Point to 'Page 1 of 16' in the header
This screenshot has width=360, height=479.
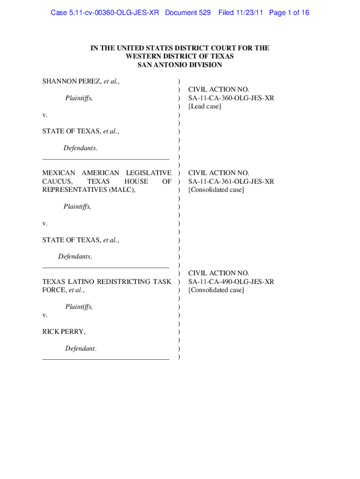tap(289, 13)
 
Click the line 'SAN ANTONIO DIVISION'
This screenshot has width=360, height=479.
tap(180, 65)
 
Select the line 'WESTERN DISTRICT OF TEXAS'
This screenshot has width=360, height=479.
tap(180, 57)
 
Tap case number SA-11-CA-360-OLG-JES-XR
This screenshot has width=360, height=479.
tap(231, 98)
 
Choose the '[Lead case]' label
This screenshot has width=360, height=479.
tap(204, 106)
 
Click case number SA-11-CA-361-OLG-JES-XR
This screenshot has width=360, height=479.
tap(231, 181)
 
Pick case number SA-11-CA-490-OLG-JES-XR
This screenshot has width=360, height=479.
tap(231, 282)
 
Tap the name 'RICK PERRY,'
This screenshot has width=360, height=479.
tap(64, 332)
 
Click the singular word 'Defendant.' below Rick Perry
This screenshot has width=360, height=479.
tap(81, 348)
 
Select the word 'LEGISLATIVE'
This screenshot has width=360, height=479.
tap(148, 173)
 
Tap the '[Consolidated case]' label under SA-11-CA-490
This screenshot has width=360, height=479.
tap(216, 290)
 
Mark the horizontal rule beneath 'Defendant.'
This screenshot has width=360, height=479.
tap(106, 359)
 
